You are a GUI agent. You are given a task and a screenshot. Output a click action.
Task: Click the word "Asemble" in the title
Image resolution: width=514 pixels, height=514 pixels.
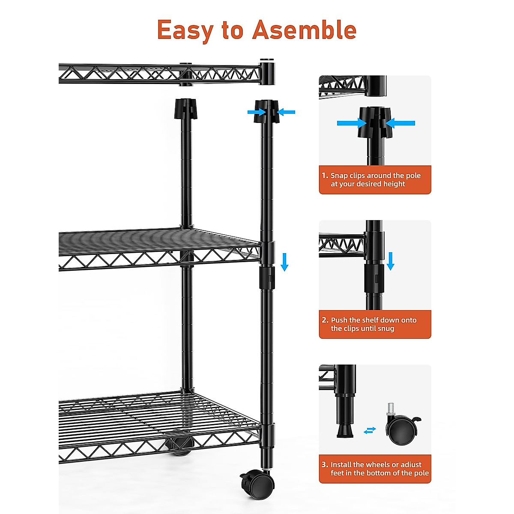click(x=304, y=30)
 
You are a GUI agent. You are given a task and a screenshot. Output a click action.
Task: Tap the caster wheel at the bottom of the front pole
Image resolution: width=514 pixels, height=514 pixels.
click(x=258, y=484)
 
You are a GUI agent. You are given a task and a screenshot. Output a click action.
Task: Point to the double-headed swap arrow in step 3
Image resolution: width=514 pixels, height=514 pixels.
click(x=370, y=430)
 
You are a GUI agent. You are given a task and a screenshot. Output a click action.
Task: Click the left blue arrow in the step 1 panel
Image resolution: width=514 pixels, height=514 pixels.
click(x=351, y=123)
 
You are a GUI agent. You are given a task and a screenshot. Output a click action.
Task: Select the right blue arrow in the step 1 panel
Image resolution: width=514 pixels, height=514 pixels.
click(x=400, y=123)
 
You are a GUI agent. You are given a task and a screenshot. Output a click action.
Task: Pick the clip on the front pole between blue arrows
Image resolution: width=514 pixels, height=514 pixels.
click(x=266, y=112)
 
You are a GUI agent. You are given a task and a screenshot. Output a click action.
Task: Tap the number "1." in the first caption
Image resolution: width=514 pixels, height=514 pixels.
click(x=325, y=176)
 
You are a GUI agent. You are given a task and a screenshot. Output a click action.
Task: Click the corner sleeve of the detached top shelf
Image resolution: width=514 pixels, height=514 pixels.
click(x=266, y=73)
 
